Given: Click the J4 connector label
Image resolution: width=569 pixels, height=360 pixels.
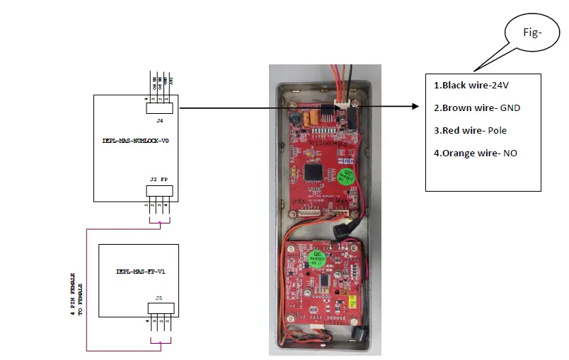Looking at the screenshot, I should pyautogui.click(x=159, y=121).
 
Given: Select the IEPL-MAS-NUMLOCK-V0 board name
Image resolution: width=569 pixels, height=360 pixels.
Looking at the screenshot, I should pyautogui.click(x=135, y=141).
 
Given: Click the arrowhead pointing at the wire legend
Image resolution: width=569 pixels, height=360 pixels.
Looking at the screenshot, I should pyautogui.click(x=416, y=107).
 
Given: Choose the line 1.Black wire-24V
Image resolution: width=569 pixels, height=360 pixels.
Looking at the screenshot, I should pyautogui.click(x=471, y=85).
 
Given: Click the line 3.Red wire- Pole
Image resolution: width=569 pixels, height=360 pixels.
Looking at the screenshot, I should pyautogui.click(x=470, y=131).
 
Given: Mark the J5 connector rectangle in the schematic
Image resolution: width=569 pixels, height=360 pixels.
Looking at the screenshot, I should pyautogui.click(x=160, y=310).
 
